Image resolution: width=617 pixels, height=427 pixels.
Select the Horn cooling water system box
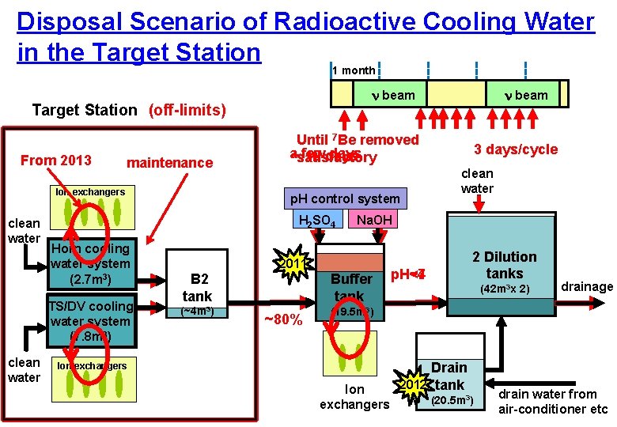(x=89, y=264)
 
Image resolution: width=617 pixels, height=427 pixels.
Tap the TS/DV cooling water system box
(x=89, y=321)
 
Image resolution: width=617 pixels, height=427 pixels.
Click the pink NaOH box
(x=372, y=220)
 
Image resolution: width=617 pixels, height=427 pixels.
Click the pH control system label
(x=345, y=198)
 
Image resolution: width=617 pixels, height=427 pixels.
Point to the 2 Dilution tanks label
(x=504, y=265)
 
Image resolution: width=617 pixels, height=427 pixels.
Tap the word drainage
(x=587, y=286)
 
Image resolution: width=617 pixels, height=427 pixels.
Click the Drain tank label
(x=449, y=376)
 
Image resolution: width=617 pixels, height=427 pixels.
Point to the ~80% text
(x=282, y=319)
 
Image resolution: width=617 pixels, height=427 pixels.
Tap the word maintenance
(x=169, y=163)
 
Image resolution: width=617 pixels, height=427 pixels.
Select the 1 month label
(x=354, y=70)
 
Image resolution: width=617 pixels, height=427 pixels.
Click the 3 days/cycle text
(x=515, y=149)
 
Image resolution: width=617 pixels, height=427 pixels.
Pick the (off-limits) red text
(x=187, y=110)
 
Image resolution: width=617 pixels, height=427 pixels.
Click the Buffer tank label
(x=351, y=287)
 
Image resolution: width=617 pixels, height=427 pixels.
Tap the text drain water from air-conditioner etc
(x=553, y=402)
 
